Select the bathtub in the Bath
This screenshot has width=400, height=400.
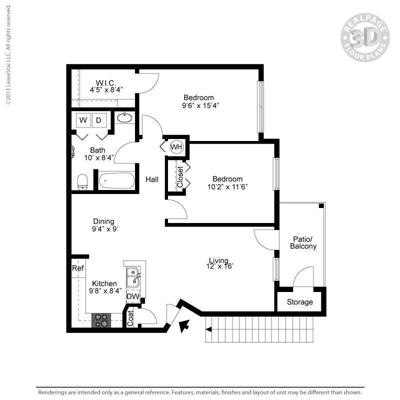click(x=116, y=180)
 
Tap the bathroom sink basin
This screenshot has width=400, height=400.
click(x=124, y=118)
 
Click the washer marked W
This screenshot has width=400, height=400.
click(x=83, y=120)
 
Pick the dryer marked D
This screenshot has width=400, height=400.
click(x=98, y=120)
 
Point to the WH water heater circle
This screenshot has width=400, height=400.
click(x=176, y=147)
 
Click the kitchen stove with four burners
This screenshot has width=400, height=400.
click(x=102, y=320)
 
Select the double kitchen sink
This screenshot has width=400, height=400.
click(x=133, y=277)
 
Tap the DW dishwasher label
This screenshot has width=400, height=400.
click(x=132, y=297)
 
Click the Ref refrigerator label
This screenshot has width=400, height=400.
click(x=77, y=268)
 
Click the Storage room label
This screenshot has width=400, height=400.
click(x=300, y=302)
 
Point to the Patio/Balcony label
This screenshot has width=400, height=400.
click(x=303, y=242)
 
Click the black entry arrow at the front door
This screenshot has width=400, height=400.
click(x=184, y=325)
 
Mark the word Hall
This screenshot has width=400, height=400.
click(x=152, y=179)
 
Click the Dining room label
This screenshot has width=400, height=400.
click(x=103, y=221)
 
